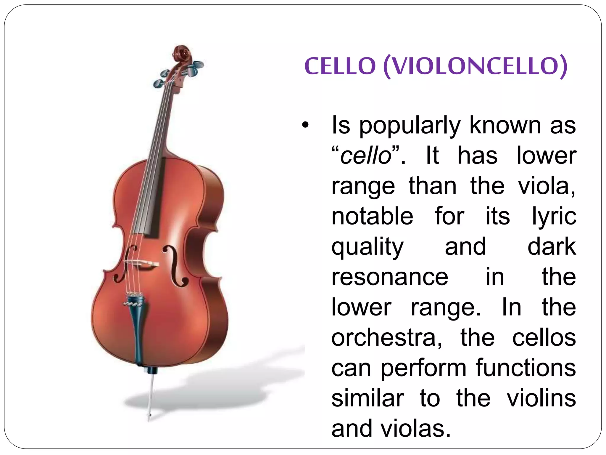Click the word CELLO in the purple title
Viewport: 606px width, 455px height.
point(340,66)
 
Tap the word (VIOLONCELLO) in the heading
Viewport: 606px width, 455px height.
point(475,66)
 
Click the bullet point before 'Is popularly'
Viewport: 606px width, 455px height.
point(305,125)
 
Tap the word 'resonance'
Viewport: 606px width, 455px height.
point(390,277)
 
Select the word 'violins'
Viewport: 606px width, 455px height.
point(541,398)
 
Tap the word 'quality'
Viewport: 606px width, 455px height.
point(367,247)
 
